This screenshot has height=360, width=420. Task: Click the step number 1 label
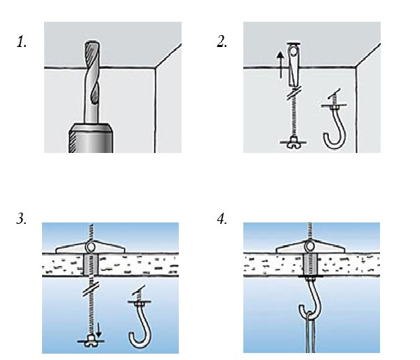(x=22, y=42)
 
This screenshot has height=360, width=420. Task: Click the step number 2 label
(x=222, y=42)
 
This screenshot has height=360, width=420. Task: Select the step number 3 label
(x=22, y=219)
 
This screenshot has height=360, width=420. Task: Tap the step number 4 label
(x=222, y=219)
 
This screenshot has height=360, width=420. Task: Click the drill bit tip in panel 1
(x=93, y=42)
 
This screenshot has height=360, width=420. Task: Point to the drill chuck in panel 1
(x=90, y=138)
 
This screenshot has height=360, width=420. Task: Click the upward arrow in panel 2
(x=280, y=65)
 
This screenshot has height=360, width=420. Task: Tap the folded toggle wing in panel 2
(x=293, y=65)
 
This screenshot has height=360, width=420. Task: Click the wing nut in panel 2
(x=293, y=142)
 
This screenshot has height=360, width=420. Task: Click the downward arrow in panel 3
(x=99, y=331)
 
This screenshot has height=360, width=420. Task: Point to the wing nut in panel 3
(x=90, y=340)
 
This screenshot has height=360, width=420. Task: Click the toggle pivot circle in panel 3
(x=91, y=246)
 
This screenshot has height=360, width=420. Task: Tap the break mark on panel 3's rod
(x=91, y=288)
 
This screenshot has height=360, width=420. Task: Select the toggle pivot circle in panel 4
(x=310, y=246)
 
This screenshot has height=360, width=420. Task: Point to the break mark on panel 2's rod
(x=293, y=93)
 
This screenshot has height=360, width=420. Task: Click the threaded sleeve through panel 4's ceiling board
(x=311, y=265)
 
